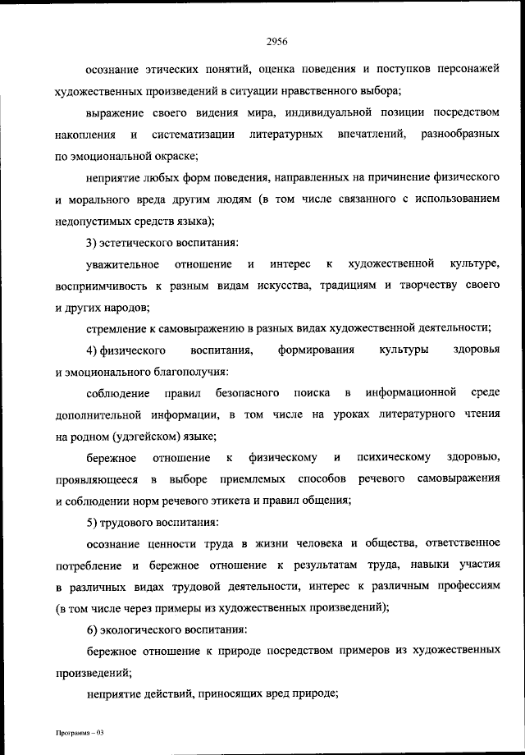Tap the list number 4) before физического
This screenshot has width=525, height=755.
pyautogui.click(x=92, y=350)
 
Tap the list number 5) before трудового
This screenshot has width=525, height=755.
pyautogui.click(x=92, y=522)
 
